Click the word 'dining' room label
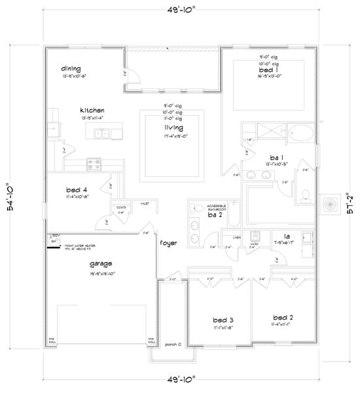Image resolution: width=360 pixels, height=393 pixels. tap(71, 68)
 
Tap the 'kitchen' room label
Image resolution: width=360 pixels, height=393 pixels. tap(92, 110)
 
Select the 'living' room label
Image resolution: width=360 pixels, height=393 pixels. tap(173, 128)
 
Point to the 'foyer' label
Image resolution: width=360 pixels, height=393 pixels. tap(168, 243)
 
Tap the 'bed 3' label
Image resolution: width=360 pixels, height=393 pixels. tap(223, 320)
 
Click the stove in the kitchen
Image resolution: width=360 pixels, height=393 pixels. tap(94, 164)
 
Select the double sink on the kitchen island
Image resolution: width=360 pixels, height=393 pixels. tap(102, 134)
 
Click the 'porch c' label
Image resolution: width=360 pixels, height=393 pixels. tap(173, 344)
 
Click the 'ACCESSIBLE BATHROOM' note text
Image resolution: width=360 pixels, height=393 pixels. tap(217, 206)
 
